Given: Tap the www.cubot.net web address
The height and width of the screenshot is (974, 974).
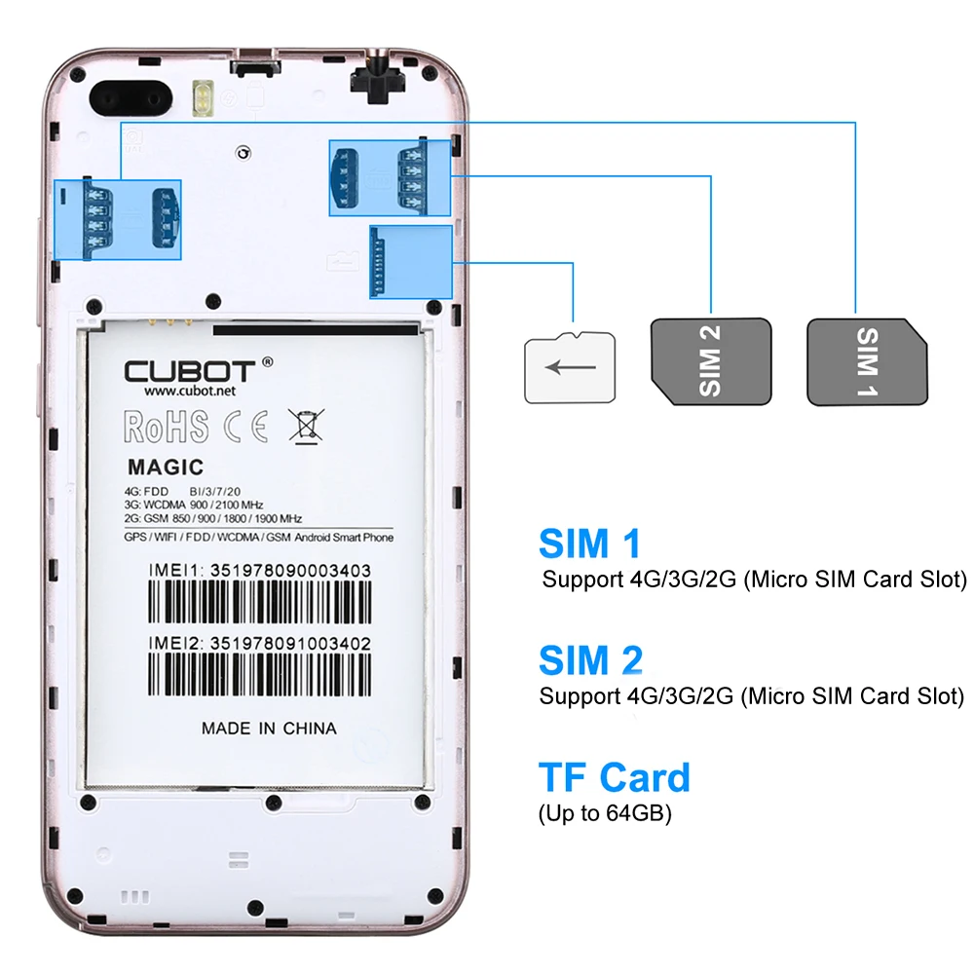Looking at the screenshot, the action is (x=190, y=391).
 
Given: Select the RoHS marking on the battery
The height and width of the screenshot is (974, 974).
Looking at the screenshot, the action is (x=166, y=427).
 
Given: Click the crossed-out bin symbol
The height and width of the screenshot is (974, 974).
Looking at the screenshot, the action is (x=306, y=426).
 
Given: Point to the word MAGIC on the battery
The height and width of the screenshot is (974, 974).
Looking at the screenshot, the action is (x=166, y=468).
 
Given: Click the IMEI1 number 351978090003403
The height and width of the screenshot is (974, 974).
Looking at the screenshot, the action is (x=290, y=571).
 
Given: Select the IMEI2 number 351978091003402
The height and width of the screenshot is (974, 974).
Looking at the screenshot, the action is (x=290, y=644).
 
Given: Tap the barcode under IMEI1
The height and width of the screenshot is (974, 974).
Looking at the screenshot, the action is (x=260, y=602).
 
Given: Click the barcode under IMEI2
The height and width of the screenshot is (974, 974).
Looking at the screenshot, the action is (x=260, y=675).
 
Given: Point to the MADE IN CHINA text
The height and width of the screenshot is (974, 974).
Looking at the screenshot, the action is (x=269, y=729).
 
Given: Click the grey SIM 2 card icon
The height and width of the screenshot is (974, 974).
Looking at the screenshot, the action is (x=711, y=361).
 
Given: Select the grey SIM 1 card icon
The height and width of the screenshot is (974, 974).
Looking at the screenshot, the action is (x=867, y=361).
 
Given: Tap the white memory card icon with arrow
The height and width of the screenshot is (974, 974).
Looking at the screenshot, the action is (x=570, y=367).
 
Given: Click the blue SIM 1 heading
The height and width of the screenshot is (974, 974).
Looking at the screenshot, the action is (x=589, y=543).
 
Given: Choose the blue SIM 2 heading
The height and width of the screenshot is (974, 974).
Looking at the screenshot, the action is (x=591, y=659).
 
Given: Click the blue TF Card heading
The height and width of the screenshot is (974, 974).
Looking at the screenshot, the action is (x=615, y=777).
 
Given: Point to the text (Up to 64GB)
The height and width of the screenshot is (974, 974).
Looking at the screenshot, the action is (x=605, y=813).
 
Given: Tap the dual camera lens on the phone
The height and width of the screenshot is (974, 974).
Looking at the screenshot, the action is (x=131, y=98).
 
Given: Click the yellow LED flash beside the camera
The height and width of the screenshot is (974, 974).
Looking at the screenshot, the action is (x=203, y=98).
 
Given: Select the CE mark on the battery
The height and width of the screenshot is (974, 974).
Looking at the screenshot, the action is (x=246, y=427).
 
